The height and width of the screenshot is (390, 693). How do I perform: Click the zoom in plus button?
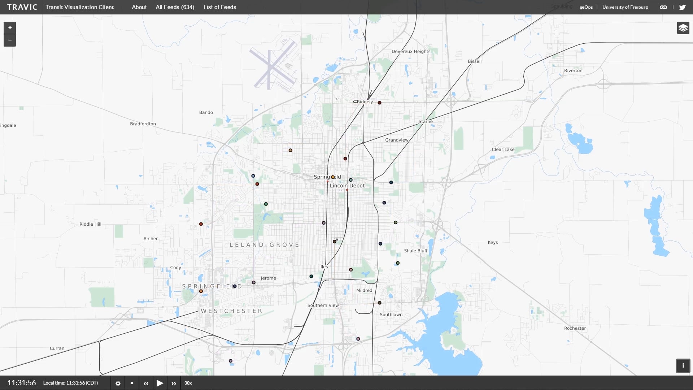(x=10, y=27)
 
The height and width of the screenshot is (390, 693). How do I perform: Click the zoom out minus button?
(x=10, y=40)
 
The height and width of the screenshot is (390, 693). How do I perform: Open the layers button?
(x=683, y=28)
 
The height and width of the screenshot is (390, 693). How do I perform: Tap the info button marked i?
(x=683, y=365)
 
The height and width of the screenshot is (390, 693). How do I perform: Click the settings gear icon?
(x=118, y=383)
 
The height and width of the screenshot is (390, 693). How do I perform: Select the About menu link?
(x=139, y=7)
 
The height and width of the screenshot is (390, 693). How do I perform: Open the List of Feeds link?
(x=220, y=7)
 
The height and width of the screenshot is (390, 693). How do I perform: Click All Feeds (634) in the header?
(x=175, y=7)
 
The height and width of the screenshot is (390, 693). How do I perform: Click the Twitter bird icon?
(x=682, y=7)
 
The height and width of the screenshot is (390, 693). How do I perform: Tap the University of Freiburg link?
(x=625, y=7)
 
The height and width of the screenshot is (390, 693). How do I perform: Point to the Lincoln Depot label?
(x=347, y=186)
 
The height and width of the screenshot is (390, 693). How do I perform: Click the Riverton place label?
(x=573, y=71)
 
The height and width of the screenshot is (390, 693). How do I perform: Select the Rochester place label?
(x=575, y=328)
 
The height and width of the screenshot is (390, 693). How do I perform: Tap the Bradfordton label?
(x=143, y=124)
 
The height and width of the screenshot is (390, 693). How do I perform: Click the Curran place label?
(x=57, y=348)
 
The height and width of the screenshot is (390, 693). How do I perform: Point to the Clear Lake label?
(x=503, y=149)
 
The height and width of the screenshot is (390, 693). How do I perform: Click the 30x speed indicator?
(x=188, y=383)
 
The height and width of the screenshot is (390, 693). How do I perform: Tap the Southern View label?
(x=323, y=305)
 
